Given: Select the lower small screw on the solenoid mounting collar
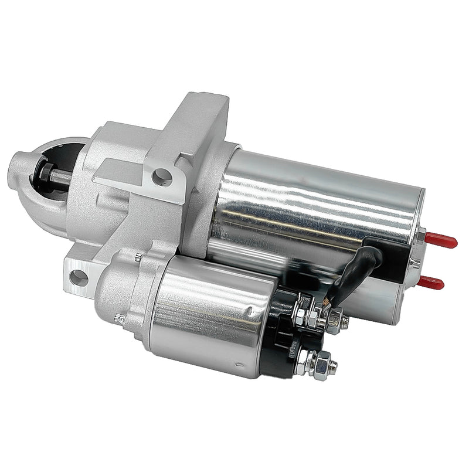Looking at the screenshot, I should tap(120, 318).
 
